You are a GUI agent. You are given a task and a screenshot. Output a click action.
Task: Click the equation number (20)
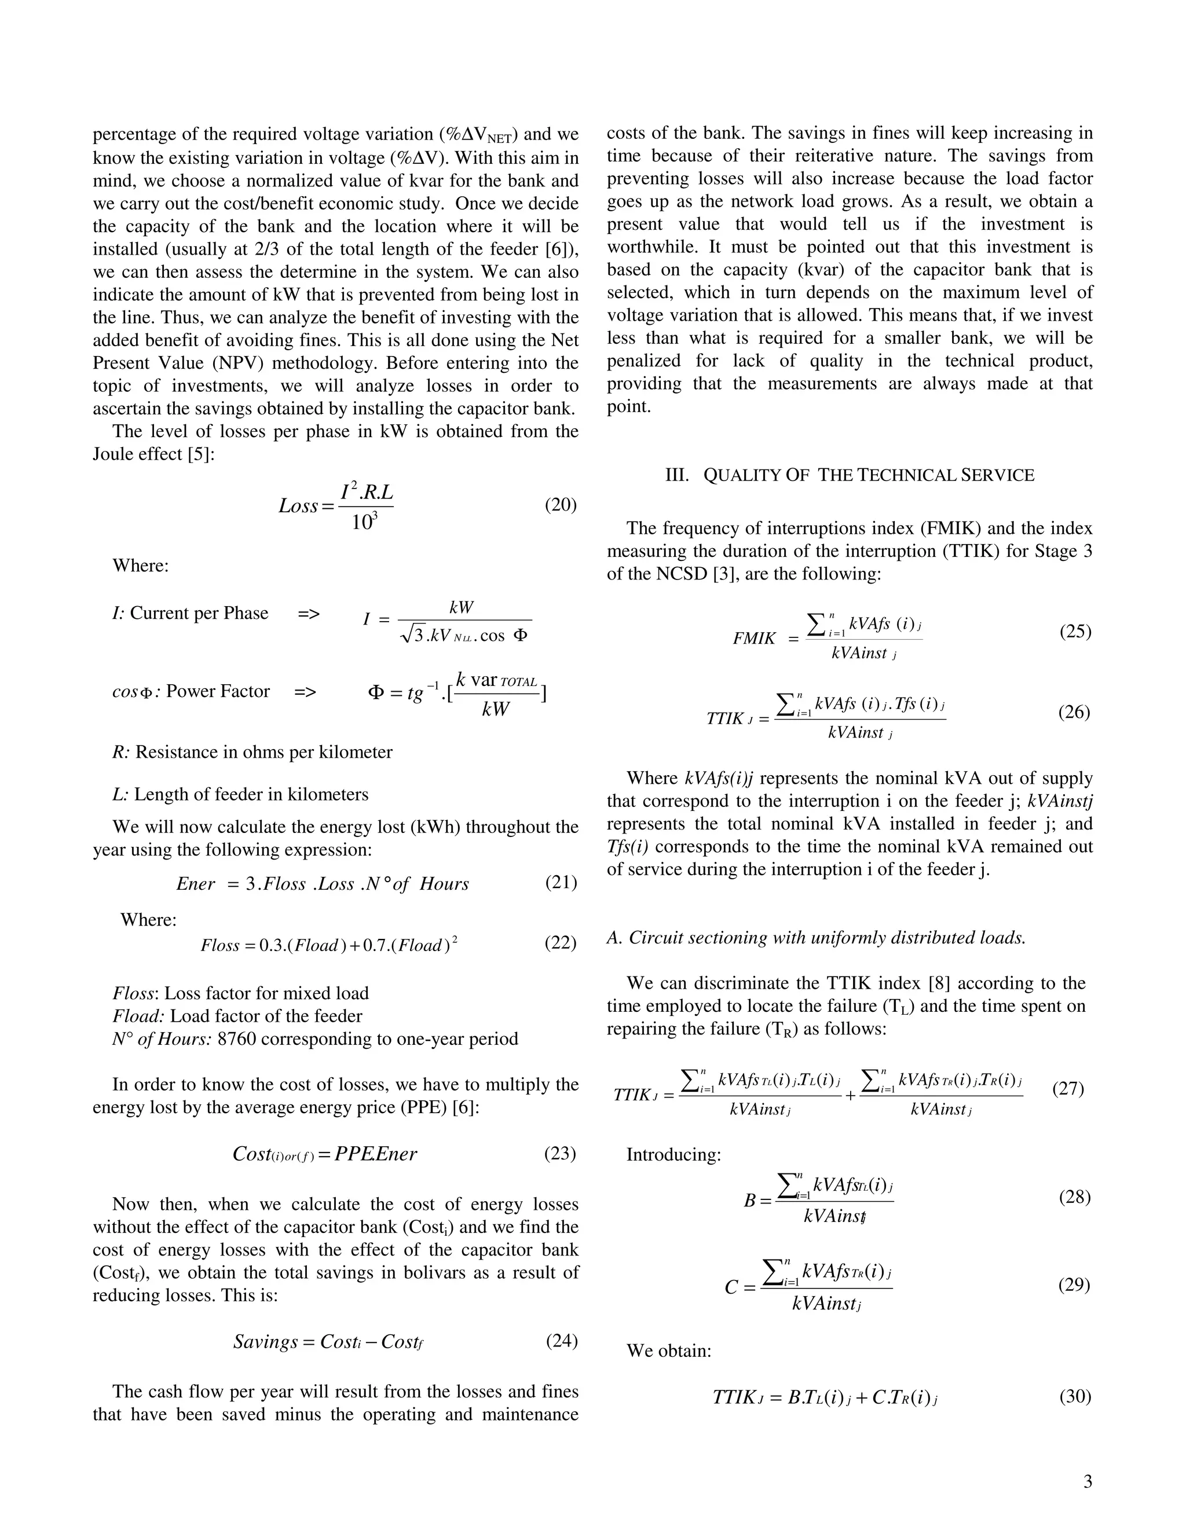coord(561,504)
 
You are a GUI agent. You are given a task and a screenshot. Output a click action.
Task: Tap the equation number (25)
coord(1075,631)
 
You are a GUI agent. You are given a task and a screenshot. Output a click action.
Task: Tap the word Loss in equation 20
coord(298,506)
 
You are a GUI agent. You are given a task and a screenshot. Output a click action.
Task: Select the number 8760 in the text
coord(237,1039)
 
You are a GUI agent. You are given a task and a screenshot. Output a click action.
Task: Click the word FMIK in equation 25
coord(754,638)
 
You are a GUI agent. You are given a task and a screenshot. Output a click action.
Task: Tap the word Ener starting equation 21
coord(195,883)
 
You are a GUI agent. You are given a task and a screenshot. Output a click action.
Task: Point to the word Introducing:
coord(673,1155)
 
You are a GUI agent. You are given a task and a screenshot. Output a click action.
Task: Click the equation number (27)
coord(1068,1089)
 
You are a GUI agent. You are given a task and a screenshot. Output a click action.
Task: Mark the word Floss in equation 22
coord(220,945)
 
